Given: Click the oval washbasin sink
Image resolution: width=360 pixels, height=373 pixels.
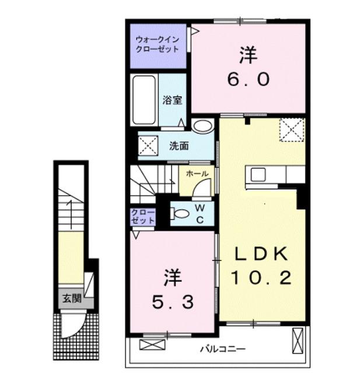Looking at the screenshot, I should pyautogui.click(x=202, y=125).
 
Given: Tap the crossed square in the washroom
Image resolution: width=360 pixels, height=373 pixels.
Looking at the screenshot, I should pyautogui.click(x=148, y=145).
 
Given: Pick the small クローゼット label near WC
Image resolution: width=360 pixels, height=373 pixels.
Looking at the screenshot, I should pyautogui.click(x=143, y=216).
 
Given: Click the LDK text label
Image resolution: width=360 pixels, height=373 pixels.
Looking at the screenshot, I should pyautogui.click(x=261, y=254).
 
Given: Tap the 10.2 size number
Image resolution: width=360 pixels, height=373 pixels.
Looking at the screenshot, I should pyautogui.click(x=261, y=278).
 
